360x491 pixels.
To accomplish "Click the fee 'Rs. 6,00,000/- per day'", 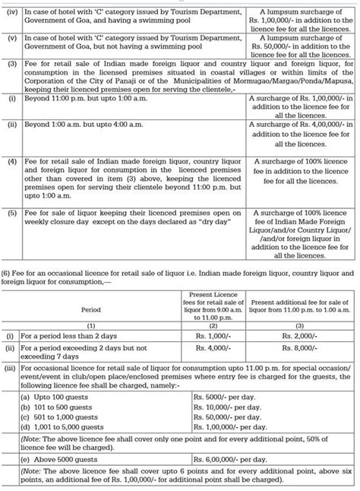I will click(227, 461).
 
